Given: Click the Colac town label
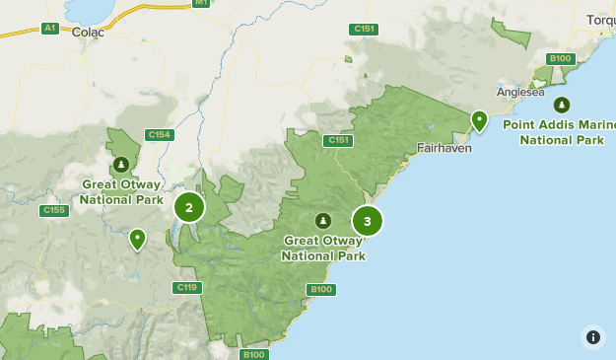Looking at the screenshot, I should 88,31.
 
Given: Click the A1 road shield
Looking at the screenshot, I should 50,29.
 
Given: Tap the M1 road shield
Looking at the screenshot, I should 201,3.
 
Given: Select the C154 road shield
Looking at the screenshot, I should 158,135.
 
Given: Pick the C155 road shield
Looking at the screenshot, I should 53,210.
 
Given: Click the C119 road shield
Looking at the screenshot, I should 187,287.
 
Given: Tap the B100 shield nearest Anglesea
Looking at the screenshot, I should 561,58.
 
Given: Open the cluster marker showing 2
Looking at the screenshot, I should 189,207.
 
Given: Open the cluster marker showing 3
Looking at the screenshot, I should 367,221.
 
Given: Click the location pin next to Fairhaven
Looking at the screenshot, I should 479,120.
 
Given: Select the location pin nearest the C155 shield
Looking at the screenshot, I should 138,239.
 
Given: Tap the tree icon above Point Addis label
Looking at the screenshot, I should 561,104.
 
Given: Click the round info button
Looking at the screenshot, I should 592,336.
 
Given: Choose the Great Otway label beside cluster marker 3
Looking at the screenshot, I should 323,248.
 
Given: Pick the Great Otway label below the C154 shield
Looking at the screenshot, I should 121,191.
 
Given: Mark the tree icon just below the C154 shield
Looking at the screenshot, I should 120,164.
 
